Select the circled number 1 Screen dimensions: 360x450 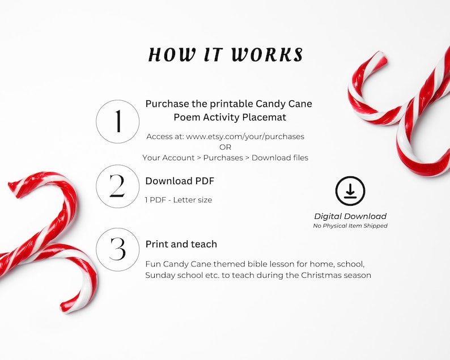point(118,121)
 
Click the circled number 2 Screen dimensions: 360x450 point(118,186)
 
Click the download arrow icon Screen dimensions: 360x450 point(350,191)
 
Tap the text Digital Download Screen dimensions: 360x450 point(350,216)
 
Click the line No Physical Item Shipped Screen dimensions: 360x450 point(350,226)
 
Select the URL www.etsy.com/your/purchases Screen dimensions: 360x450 point(245,137)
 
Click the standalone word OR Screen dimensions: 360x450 point(225,147)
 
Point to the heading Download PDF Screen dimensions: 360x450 point(180,181)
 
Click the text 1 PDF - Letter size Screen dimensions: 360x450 point(179,200)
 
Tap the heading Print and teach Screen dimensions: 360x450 point(181,244)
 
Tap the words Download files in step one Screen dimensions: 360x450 point(280,158)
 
